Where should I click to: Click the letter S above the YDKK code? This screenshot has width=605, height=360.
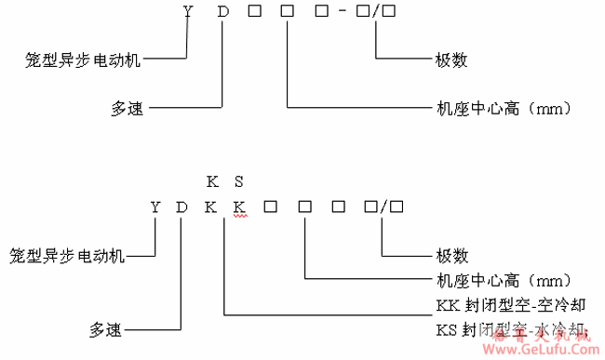click(238, 179)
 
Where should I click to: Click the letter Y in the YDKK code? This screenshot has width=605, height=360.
click(155, 207)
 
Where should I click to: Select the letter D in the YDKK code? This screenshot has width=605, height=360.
click(182, 207)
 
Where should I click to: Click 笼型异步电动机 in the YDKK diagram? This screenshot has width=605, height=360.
click(68, 255)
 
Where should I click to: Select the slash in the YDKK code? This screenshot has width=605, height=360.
click(383, 207)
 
